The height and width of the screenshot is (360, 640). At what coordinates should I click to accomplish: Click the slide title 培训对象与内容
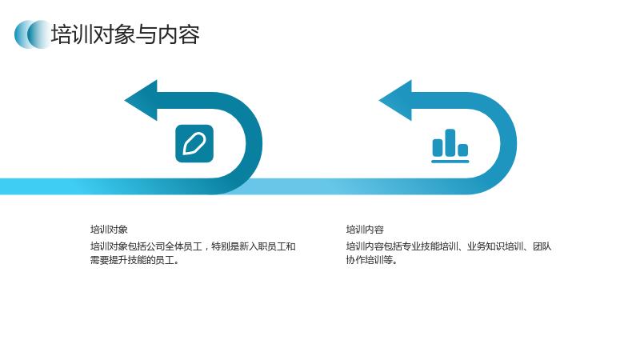tap(126, 34)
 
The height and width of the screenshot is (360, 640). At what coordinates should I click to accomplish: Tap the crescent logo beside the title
tap(33, 34)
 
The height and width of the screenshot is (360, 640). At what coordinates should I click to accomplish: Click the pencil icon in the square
tap(194, 144)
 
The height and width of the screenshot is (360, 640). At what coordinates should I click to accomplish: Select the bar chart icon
tap(450, 146)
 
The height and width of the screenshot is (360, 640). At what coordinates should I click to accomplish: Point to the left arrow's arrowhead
tap(141, 101)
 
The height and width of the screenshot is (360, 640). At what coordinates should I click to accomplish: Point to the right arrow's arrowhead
tap(395, 101)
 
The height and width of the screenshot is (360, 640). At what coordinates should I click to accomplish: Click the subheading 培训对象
tap(109, 230)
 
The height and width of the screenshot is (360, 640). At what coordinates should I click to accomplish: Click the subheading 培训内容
tap(365, 230)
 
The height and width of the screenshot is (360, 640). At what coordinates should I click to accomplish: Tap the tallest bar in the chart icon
tap(450, 142)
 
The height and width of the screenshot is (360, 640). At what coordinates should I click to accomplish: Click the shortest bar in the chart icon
tap(463, 150)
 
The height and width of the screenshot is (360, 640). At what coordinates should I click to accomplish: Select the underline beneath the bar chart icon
tap(450, 162)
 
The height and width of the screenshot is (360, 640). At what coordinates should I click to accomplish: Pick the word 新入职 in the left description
tap(253, 246)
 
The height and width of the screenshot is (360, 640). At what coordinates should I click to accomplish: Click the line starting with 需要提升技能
tap(134, 260)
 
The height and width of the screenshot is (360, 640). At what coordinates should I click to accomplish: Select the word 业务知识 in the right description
tap(486, 246)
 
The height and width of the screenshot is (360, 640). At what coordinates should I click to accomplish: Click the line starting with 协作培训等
tap(372, 260)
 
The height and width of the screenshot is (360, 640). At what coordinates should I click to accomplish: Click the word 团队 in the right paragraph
tap(542, 246)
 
